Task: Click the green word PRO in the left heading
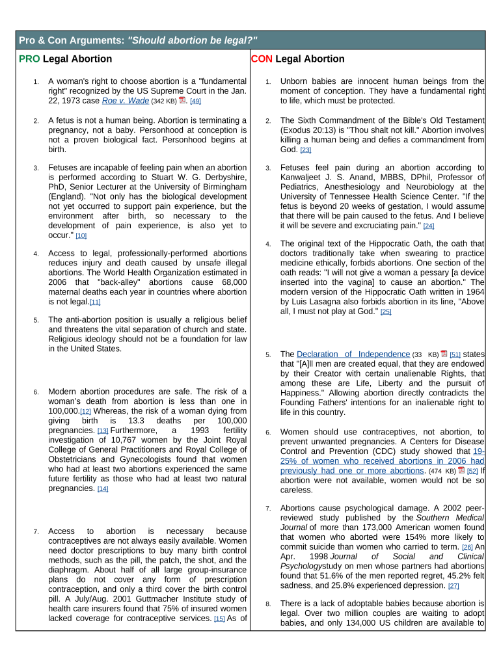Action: pyautogui.click(x=29, y=59)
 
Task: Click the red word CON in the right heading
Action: pyautogui.click(x=262, y=59)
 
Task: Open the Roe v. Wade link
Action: pyautogui.click(x=126, y=101)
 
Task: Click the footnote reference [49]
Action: pyautogui.click(x=195, y=101)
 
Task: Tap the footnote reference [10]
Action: pyautogui.click(x=81, y=235)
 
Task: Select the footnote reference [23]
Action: pyautogui.click(x=305, y=150)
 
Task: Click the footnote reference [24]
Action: pyautogui.click(x=428, y=226)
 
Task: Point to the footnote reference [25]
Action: pyautogui.click(x=385, y=312)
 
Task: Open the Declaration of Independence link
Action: pyautogui.click(x=353, y=354)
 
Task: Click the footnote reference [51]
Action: pyautogui.click(x=455, y=355)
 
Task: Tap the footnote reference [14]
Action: pyautogui.click(x=103, y=489)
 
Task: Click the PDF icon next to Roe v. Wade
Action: pyautogui.click(x=183, y=101)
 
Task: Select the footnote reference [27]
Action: pyautogui.click(x=454, y=587)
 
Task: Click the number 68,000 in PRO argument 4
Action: pyautogui.click(x=231, y=282)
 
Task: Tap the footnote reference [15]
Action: pyautogui.click(x=219, y=619)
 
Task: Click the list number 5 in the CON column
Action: pyautogui.click(x=267, y=355)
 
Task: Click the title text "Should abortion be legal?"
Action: pyautogui.click(x=193, y=40)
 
